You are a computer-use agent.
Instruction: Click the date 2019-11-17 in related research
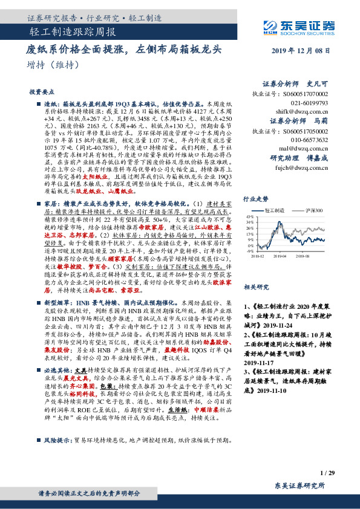tap(256, 363)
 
